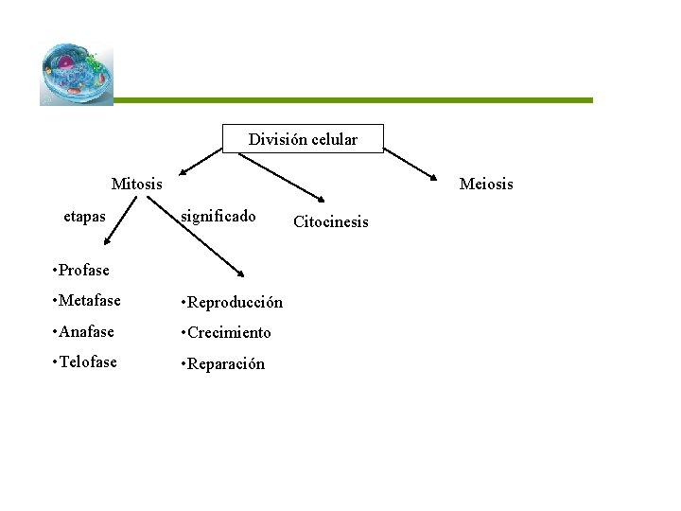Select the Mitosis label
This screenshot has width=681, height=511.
point(136,183)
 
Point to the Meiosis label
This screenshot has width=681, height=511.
point(486,184)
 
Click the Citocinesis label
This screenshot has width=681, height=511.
point(331,222)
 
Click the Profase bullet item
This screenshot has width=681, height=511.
point(84,270)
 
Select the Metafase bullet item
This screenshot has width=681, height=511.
point(88,302)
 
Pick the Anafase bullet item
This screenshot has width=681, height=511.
point(86,332)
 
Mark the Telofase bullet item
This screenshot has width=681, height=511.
point(88,362)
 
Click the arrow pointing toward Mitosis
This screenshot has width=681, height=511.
point(203,158)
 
